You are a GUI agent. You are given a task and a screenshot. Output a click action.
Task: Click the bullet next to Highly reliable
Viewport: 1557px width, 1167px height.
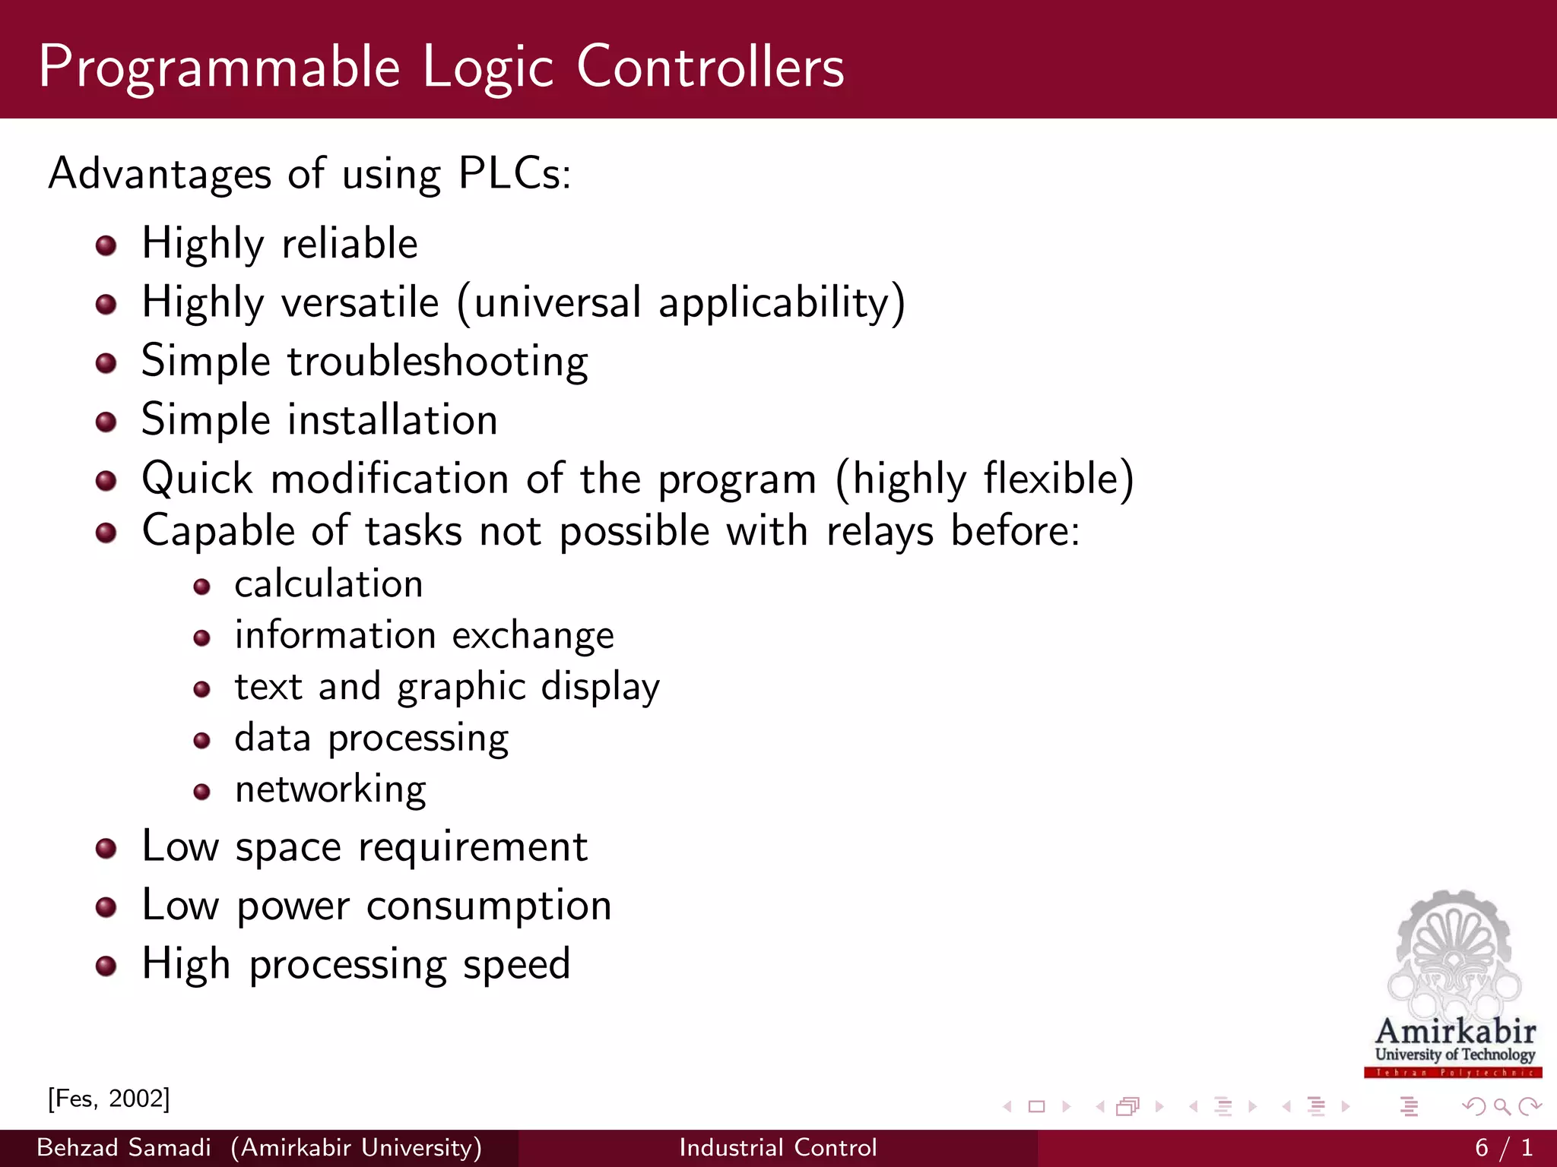pos(106,245)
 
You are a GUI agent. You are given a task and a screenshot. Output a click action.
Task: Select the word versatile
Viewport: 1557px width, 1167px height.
pos(360,302)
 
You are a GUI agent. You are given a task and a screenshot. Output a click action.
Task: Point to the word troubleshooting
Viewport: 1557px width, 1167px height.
pos(437,362)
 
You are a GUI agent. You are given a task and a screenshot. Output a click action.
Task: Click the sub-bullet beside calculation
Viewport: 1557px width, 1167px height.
pos(201,587)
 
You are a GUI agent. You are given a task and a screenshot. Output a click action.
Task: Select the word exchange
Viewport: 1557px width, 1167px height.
pos(533,636)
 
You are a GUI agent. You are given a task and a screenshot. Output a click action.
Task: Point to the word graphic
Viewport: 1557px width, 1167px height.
pos(461,688)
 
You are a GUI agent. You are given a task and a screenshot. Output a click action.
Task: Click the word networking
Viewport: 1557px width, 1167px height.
pos(330,790)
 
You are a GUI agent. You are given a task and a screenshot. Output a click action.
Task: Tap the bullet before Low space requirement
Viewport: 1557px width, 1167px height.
pos(106,849)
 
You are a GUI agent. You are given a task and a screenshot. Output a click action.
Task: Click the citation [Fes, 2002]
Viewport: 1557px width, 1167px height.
pos(109,1099)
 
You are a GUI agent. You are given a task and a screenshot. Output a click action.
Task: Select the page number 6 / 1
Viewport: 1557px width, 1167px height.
pos(1503,1147)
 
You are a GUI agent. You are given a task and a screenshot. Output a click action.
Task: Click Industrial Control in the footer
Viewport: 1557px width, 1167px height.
pos(778,1147)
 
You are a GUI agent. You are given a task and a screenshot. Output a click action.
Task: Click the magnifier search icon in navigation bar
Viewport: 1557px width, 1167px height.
pos(1502,1106)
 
